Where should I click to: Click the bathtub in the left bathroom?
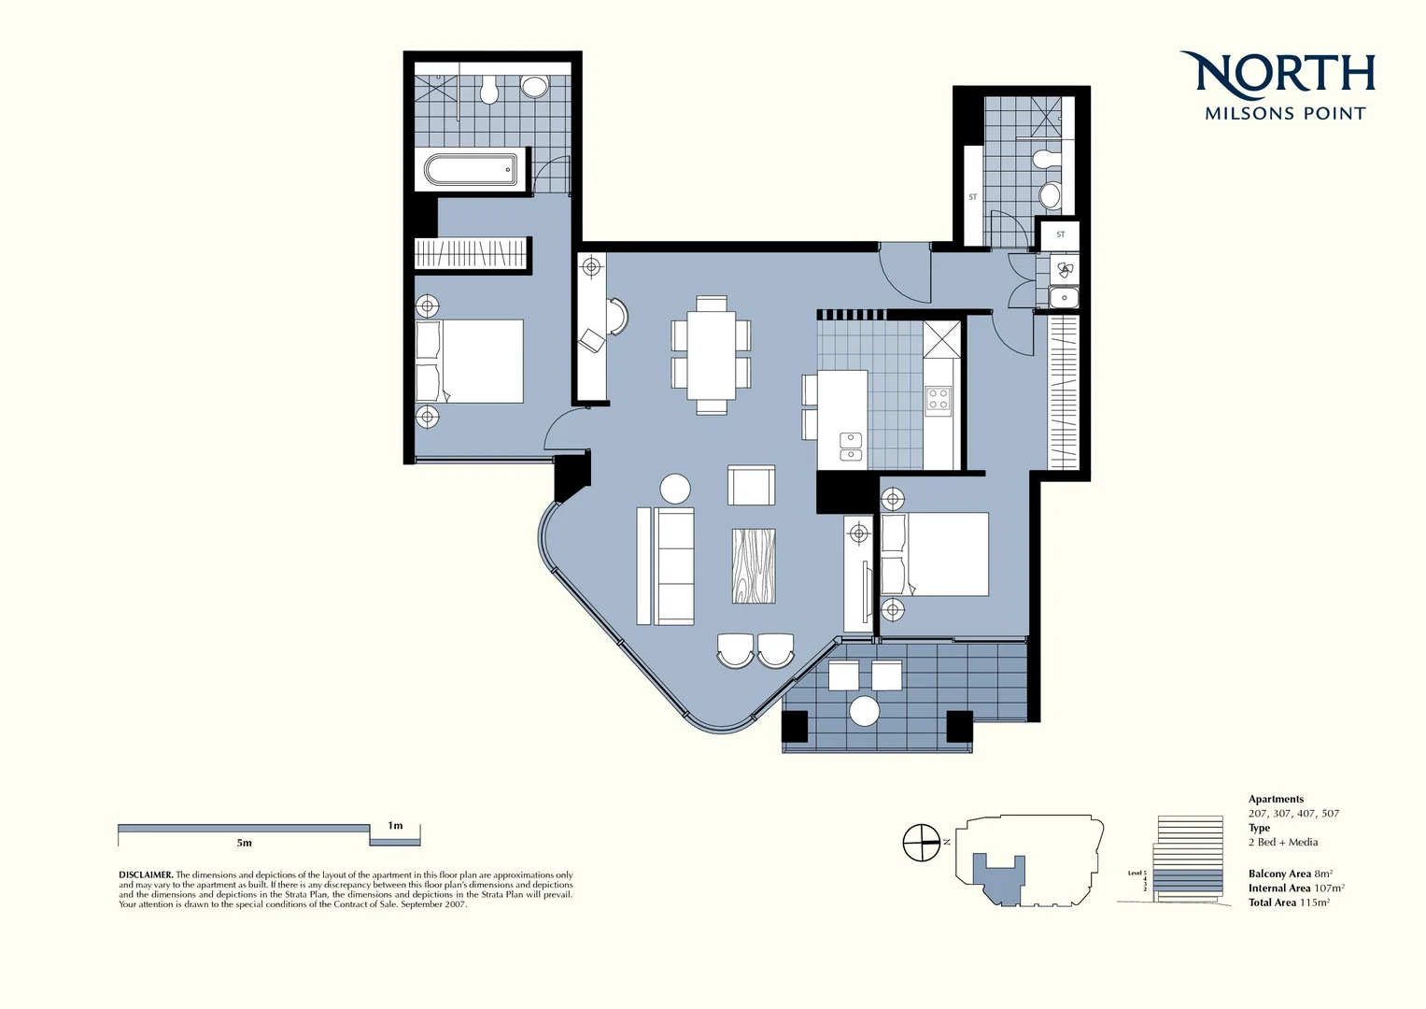point(471,170)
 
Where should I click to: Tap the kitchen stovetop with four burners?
point(938,400)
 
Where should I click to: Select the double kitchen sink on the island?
point(851,447)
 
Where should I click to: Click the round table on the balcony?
point(865,711)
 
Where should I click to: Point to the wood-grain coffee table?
point(754,567)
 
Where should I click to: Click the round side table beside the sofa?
point(675,489)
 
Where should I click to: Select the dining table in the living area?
point(712,355)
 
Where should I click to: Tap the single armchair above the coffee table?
point(751,486)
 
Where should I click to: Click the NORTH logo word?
point(1278,75)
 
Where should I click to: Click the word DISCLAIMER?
point(145,875)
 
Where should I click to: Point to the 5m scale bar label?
point(244,843)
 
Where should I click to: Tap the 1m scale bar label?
point(395,825)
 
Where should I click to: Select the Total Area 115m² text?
point(1289,902)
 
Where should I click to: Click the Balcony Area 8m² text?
point(1290,874)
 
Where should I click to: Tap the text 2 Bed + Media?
point(1282,842)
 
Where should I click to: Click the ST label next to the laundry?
point(1060,234)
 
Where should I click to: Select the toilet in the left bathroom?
point(487,92)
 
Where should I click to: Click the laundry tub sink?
point(1063,298)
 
